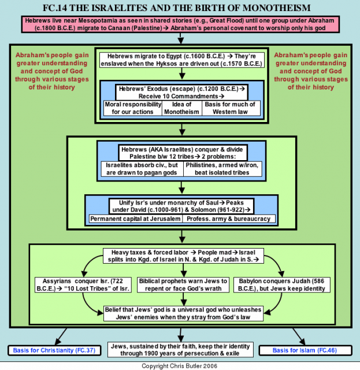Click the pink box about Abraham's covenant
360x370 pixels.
(x=180, y=24)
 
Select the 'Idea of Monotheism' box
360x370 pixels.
(x=181, y=108)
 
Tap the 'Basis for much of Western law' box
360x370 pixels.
(x=231, y=108)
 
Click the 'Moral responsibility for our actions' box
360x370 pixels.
(x=133, y=108)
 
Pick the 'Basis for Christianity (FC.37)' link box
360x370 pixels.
(x=54, y=350)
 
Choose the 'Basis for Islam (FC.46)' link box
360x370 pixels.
(x=305, y=350)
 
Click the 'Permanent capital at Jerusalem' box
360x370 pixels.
(x=135, y=219)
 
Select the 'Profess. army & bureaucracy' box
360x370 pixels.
(x=229, y=219)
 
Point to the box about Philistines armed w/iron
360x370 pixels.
(x=222, y=169)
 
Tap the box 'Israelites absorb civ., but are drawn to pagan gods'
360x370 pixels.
(x=142, y=169)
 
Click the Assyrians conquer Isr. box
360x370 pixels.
(x=83, y=285)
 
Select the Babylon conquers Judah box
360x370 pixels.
(x=282, y=285)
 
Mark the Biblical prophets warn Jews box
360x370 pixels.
(x=183, y=285)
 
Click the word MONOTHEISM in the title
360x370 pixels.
(x=276, y=8)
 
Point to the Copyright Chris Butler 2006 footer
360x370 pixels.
(x=179, y=366)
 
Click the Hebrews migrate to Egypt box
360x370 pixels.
(x=182, y=60)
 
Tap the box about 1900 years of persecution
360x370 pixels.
(x=180, y=350)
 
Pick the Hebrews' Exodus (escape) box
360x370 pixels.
(x=181, y=92)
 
